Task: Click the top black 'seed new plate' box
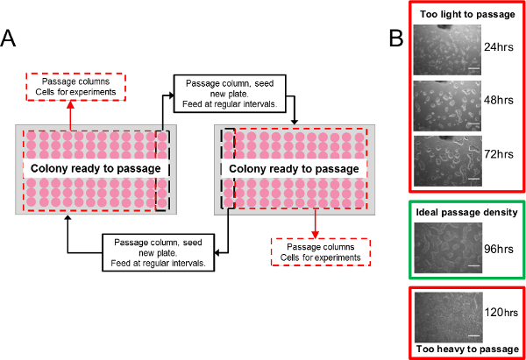click(227, 92)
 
